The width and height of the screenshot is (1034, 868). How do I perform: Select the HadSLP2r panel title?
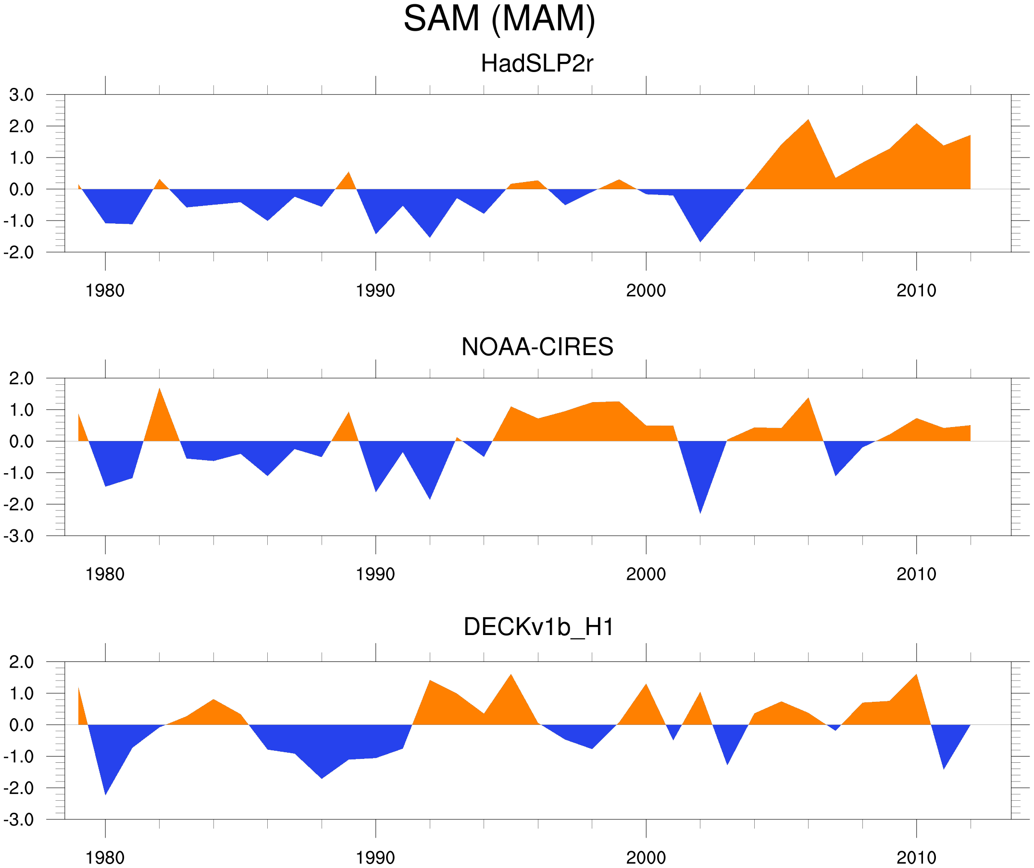pos(536,64)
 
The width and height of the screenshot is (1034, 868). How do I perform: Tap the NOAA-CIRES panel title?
pos(537,347)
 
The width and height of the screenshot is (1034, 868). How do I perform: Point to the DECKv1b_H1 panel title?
pos(539,627)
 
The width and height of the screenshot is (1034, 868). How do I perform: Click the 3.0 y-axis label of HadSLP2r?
pos(21,95)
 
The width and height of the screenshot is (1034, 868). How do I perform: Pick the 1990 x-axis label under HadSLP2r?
pos(375,291)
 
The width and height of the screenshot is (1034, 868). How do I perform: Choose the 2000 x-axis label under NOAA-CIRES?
pos(646,574)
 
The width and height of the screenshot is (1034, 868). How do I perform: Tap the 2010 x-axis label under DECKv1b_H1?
pos(916,857)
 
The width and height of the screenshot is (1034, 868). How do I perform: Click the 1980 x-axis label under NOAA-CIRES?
pos(105,574)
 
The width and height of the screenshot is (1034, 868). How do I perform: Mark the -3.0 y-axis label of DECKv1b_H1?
pos(19,820)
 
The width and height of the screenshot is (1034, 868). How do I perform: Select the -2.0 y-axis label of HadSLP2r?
pos(19,253)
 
